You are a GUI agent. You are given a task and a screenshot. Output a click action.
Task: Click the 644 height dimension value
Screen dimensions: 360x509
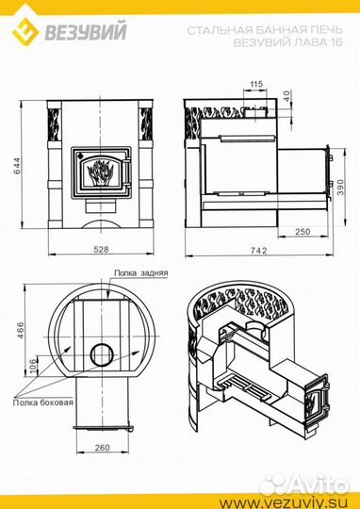16,166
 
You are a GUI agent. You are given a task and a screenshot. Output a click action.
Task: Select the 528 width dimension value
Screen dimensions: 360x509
101,249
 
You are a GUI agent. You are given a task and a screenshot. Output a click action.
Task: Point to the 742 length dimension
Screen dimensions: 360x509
259,251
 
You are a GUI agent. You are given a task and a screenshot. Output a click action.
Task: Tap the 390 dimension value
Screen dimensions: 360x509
340,187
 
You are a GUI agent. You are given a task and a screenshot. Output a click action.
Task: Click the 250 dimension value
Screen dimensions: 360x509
303,232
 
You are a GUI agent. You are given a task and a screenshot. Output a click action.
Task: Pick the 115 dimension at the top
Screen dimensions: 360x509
256,84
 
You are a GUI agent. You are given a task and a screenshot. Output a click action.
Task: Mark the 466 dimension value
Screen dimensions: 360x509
20,331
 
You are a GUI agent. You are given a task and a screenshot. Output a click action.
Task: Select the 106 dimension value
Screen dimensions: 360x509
34,367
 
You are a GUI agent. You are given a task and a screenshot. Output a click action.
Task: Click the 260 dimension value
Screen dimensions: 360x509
102,448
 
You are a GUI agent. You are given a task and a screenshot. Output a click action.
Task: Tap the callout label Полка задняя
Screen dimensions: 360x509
140,273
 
